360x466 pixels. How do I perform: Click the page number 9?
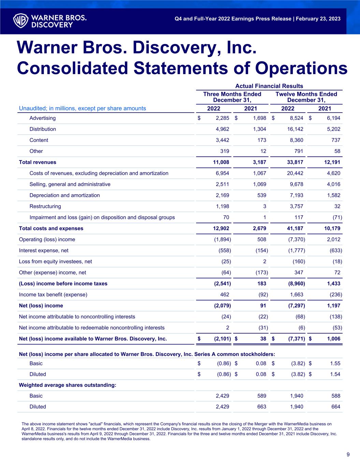coord(348,454)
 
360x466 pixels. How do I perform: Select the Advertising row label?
coord(42,118)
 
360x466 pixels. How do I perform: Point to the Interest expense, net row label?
coord(43,251)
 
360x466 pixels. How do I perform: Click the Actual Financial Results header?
coord(269,86)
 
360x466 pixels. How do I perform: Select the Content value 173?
coord(261,140)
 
